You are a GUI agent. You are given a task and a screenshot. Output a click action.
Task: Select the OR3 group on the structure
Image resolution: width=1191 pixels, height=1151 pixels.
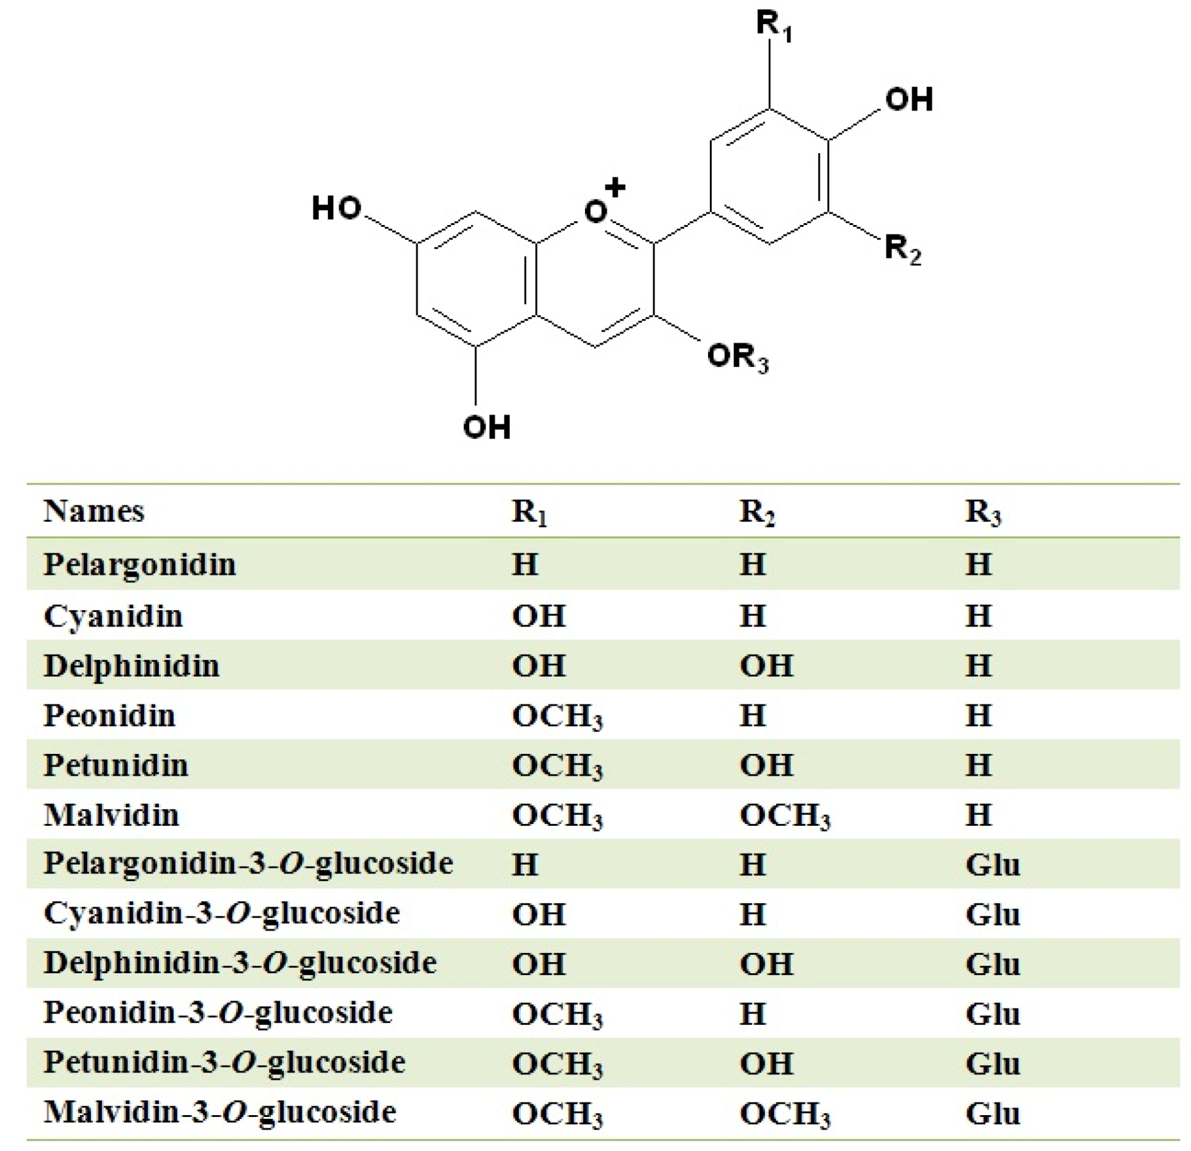(x=737, y=358)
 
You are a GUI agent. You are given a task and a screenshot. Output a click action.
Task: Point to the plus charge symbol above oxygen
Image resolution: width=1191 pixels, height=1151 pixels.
(x=615, y=187)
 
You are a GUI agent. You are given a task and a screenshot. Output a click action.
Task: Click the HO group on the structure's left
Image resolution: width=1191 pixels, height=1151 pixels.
(x=337, y=208)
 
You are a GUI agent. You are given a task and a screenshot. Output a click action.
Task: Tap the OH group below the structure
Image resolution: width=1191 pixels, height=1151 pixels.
(x=486, y=427)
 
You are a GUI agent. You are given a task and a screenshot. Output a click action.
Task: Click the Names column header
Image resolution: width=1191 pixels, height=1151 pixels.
(x=94, y=511)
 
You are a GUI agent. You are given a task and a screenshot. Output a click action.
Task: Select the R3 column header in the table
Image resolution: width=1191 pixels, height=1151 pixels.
(x=982, y=512)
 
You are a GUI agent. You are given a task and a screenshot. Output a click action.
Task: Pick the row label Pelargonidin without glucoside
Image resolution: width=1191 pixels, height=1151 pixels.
(x=139, y=564)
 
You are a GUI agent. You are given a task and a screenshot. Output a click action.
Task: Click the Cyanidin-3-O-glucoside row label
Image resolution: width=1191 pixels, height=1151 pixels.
(x=221, y=913)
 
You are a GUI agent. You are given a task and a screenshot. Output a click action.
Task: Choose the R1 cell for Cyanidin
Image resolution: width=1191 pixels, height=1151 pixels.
(x=538, y=616)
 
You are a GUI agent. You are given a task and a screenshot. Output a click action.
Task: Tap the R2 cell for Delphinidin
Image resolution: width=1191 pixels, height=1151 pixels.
(x=766, y=666)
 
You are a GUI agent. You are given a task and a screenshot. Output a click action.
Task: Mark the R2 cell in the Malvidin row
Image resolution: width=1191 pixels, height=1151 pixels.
(x=784, y=816)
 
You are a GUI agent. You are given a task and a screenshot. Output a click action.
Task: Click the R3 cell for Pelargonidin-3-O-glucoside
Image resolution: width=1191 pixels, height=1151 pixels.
(x=992, y=864)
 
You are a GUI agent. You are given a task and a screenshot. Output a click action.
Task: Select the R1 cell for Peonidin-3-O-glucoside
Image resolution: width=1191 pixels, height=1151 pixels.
(x=557, y=1014)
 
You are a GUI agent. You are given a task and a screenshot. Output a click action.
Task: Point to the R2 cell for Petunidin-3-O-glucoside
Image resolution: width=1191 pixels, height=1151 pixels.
(x=766, y=1063)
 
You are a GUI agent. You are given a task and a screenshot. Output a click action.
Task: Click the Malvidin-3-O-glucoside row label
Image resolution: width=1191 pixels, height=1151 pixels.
(x=219, y=1112)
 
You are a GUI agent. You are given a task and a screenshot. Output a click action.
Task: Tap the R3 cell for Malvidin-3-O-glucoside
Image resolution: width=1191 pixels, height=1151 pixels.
(x=992, y=1113)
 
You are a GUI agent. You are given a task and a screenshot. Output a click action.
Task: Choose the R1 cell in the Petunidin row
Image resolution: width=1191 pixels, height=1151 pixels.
(x=557, y=766)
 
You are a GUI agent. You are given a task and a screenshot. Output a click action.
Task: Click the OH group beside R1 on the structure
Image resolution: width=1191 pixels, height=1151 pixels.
(x=908, y=100)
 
